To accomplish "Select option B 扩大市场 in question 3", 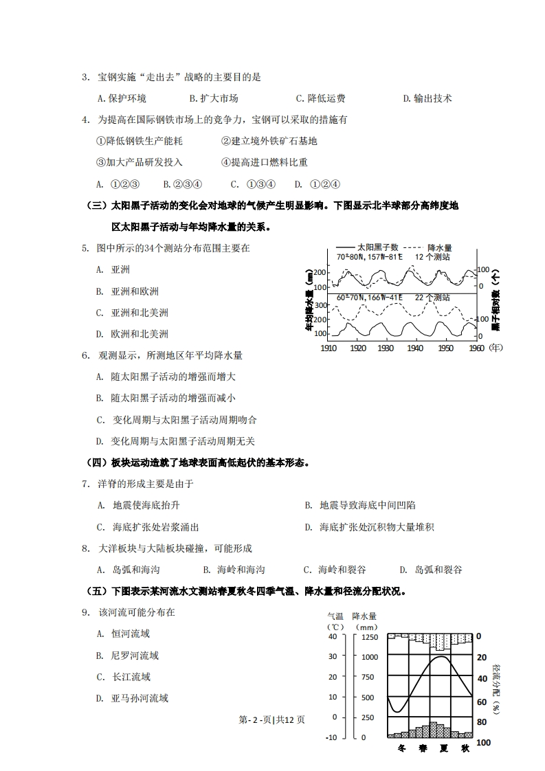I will click(x=214, y=98).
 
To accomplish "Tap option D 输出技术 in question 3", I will click(x=427, y=98).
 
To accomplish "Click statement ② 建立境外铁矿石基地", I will click(x=269, y=141).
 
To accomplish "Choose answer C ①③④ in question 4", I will click(x=253, y=184).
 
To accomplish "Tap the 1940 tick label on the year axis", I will click(x=415, y=348).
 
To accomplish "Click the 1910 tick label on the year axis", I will click(x=330, y=348).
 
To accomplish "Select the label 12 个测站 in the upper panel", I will click(x=432, y=256).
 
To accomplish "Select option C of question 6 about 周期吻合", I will click(x=176, y=420).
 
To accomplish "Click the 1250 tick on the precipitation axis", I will click(x=370, y=637).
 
